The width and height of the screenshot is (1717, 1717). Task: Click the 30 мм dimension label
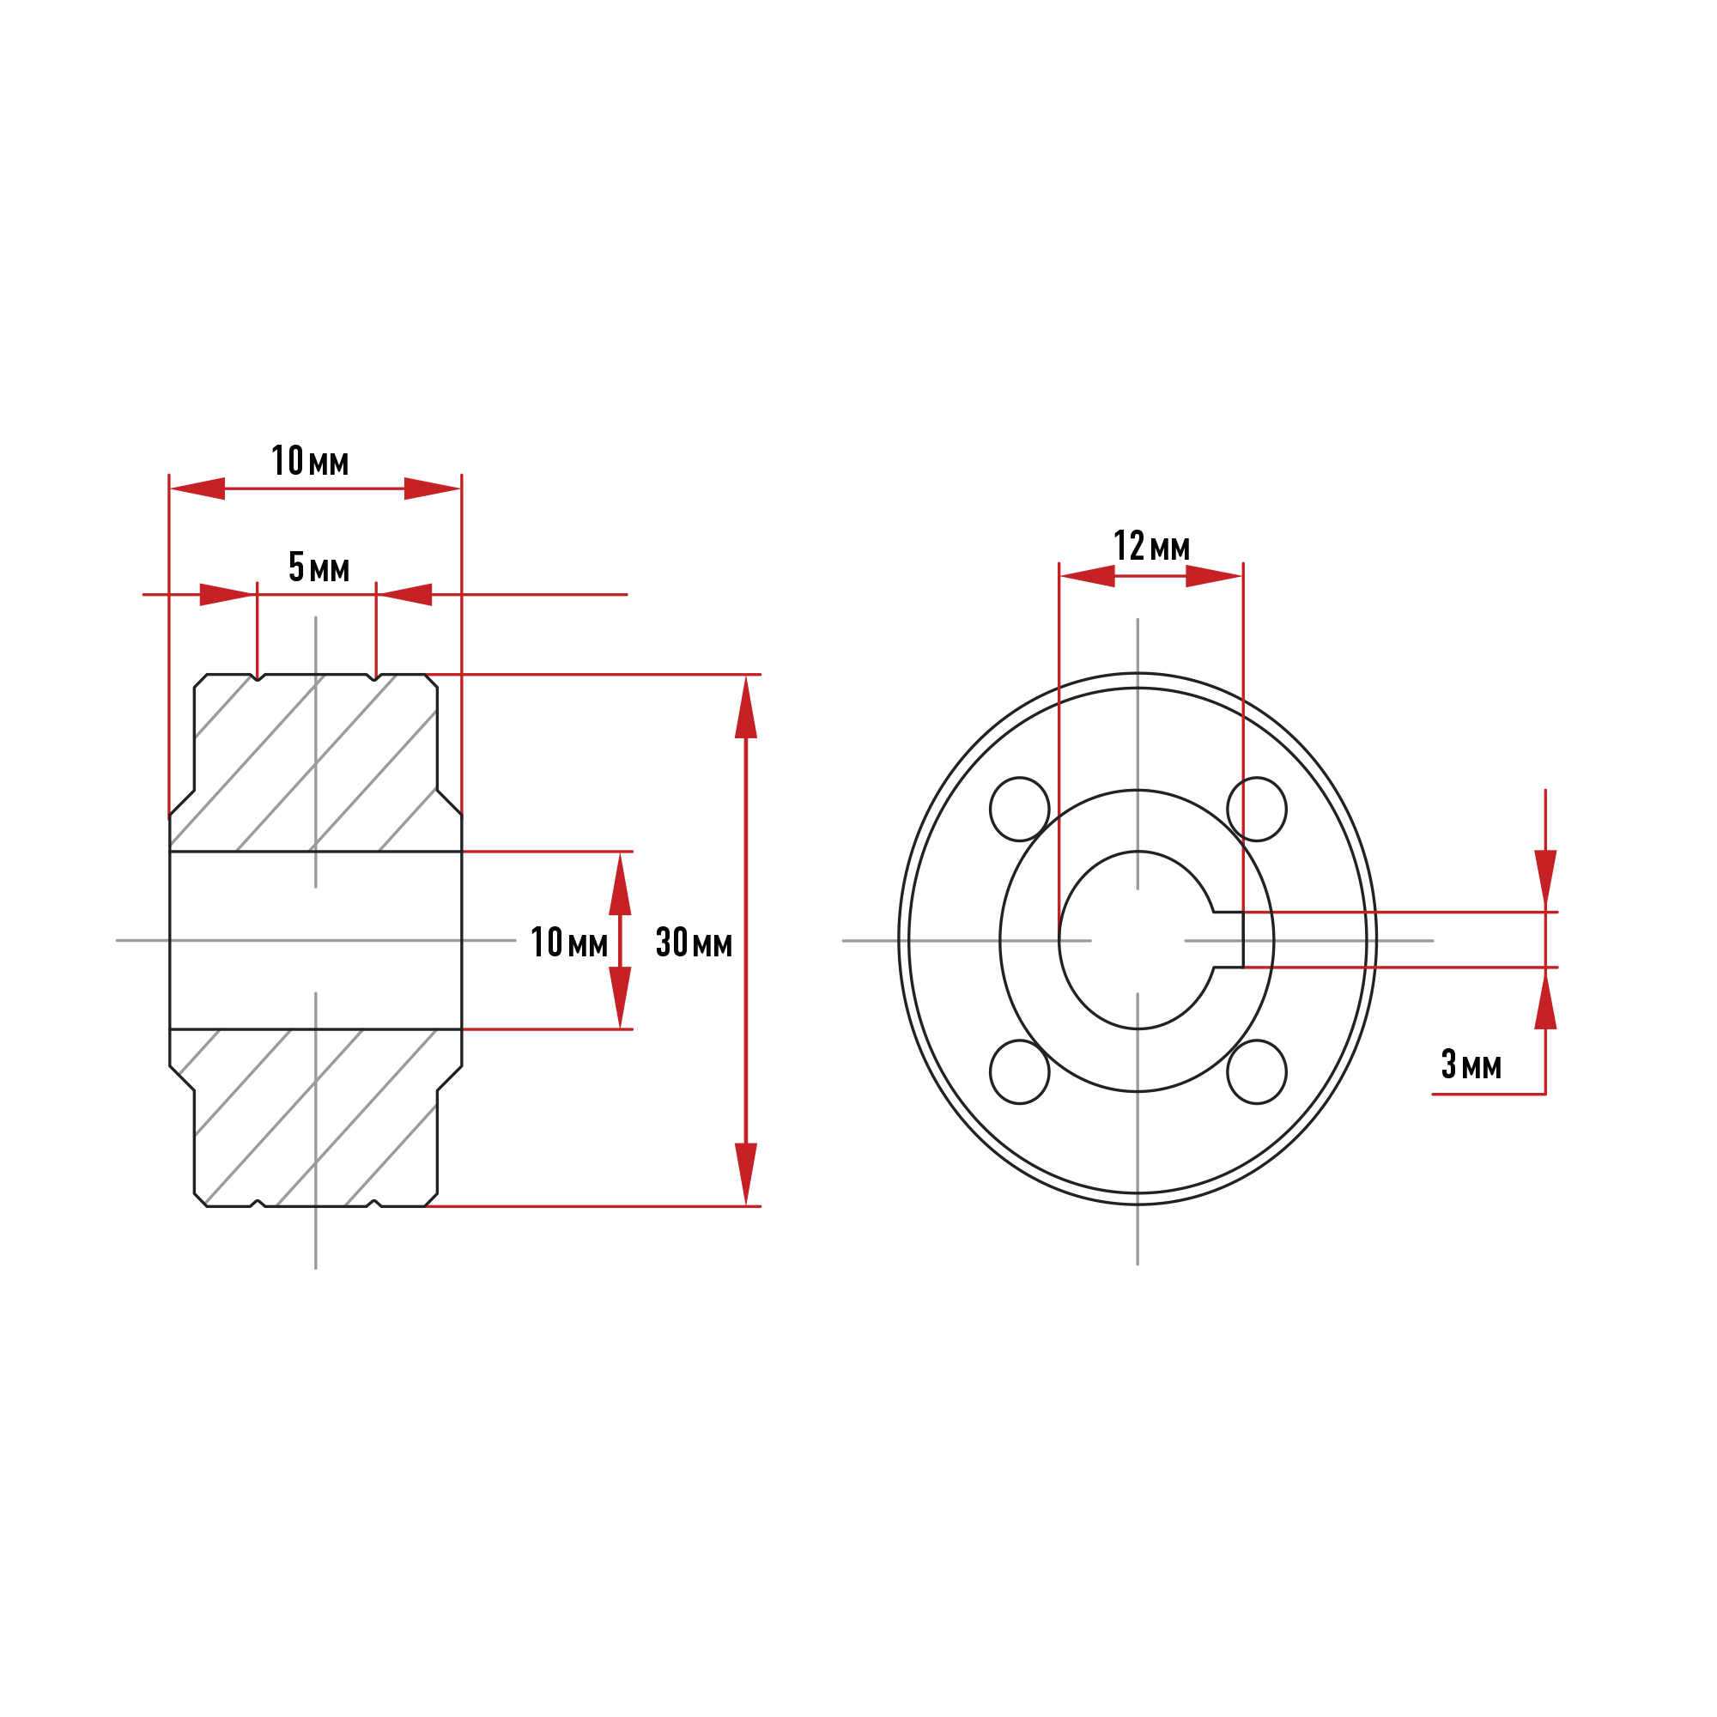click(x=694, y=942)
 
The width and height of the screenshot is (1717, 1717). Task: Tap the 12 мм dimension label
click(x=1152, y=547)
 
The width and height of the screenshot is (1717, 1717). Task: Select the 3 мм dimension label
click(x=1471, y=1064)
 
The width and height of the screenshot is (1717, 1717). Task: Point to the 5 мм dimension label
click(x=319, y=567)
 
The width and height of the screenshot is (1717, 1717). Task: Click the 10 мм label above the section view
click(x=310, y=461)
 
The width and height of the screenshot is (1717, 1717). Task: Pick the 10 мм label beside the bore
click(x=570, y=942)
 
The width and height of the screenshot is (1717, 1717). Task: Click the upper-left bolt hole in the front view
click(x=1019, y=809)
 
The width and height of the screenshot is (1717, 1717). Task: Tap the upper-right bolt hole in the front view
click(x=1257, y=809)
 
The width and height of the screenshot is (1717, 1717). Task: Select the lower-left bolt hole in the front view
click(x=1019, y=1071)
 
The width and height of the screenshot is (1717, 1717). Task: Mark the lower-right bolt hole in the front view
click(x=1257, y=1071)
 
